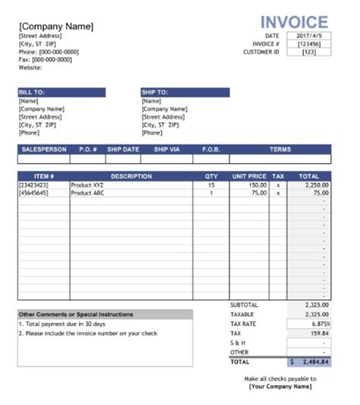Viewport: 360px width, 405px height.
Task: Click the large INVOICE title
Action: pos(294,22)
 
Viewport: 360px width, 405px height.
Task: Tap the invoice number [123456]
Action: pos(308,44)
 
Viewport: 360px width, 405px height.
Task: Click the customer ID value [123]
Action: pos(308,52)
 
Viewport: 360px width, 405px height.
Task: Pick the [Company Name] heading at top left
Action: pos(56,27)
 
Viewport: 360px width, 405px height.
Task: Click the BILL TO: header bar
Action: pos(62,92)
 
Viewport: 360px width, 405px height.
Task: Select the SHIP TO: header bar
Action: pos(185,92)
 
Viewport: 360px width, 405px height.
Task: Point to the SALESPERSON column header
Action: pos(44,150)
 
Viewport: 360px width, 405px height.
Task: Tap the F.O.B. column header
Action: pos(210,150)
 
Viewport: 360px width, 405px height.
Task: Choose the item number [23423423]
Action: pos(33,185)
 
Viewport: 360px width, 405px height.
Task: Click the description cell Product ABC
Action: pos(87,193)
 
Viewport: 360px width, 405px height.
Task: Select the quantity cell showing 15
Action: pos(211,185)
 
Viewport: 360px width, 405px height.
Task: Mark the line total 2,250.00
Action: pos(315,185)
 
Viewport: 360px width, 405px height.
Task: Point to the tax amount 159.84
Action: pos(319,333)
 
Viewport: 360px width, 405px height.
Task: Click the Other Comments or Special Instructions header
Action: pos(76,314)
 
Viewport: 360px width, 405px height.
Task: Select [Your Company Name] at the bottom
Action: pos(279,387)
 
